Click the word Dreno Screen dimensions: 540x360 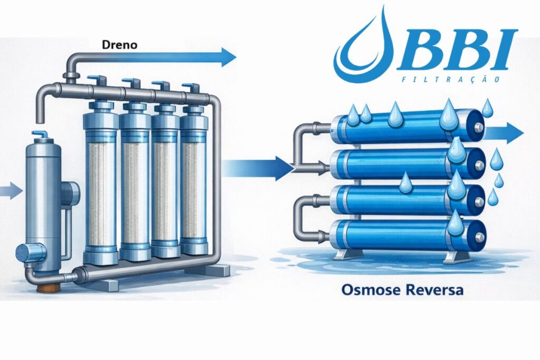120,45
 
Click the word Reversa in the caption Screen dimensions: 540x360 434,289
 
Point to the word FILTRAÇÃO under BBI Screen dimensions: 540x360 451,80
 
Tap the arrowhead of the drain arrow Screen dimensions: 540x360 228,57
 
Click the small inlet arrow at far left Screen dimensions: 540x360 11,191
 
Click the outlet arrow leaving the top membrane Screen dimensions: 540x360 504,133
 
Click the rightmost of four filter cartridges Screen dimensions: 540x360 194,180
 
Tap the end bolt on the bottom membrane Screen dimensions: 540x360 480,237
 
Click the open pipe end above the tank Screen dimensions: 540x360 40,119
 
